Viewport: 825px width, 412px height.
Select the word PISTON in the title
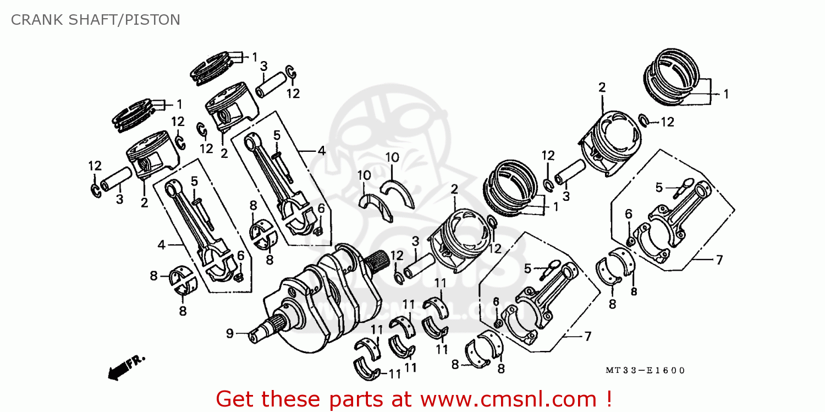click(x=152, y=20)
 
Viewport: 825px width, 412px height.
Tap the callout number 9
click(x=230, y=333)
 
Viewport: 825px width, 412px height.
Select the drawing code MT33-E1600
click(x=645, y=371)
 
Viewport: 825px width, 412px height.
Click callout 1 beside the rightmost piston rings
click(x=725, y=94)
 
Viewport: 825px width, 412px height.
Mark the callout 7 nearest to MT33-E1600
click(x=587, y=336)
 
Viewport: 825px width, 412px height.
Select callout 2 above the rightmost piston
click(x=602, y=87)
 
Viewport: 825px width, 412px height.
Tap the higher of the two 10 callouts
click(x=392, y=157)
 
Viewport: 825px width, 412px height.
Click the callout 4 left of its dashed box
click(x=161, y=245)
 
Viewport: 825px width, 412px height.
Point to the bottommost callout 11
click(x=394, y=374)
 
